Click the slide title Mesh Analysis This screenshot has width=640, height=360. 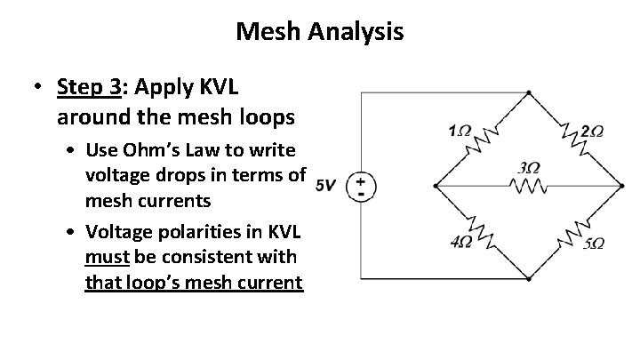320,33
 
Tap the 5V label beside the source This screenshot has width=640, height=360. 325,185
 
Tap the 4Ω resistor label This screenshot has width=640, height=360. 460,242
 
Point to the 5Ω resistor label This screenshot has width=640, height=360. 593,243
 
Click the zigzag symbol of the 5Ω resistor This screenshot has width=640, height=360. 573,232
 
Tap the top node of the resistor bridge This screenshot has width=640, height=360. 529,92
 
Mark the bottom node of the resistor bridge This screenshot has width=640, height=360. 529,280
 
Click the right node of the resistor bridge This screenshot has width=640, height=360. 621,186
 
